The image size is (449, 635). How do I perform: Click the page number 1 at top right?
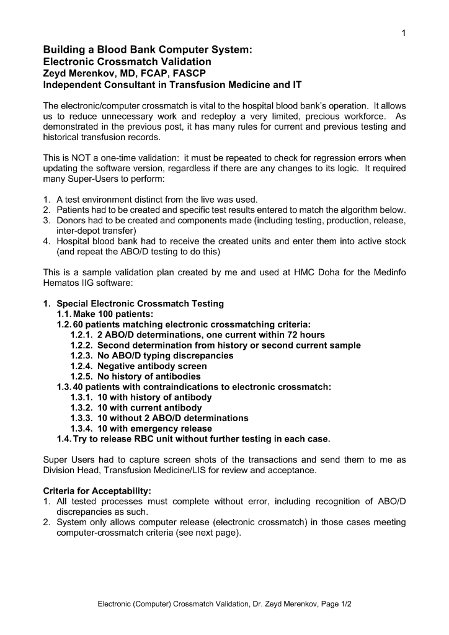403,33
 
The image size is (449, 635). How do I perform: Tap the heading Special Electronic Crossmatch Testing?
140,303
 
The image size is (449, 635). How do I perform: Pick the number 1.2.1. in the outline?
82,335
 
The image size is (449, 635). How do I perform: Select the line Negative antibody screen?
152,366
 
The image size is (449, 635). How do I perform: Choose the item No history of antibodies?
149,376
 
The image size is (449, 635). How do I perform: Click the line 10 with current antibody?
149,407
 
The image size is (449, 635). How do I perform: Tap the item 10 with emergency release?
154,429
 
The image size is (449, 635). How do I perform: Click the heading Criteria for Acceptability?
97,491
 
